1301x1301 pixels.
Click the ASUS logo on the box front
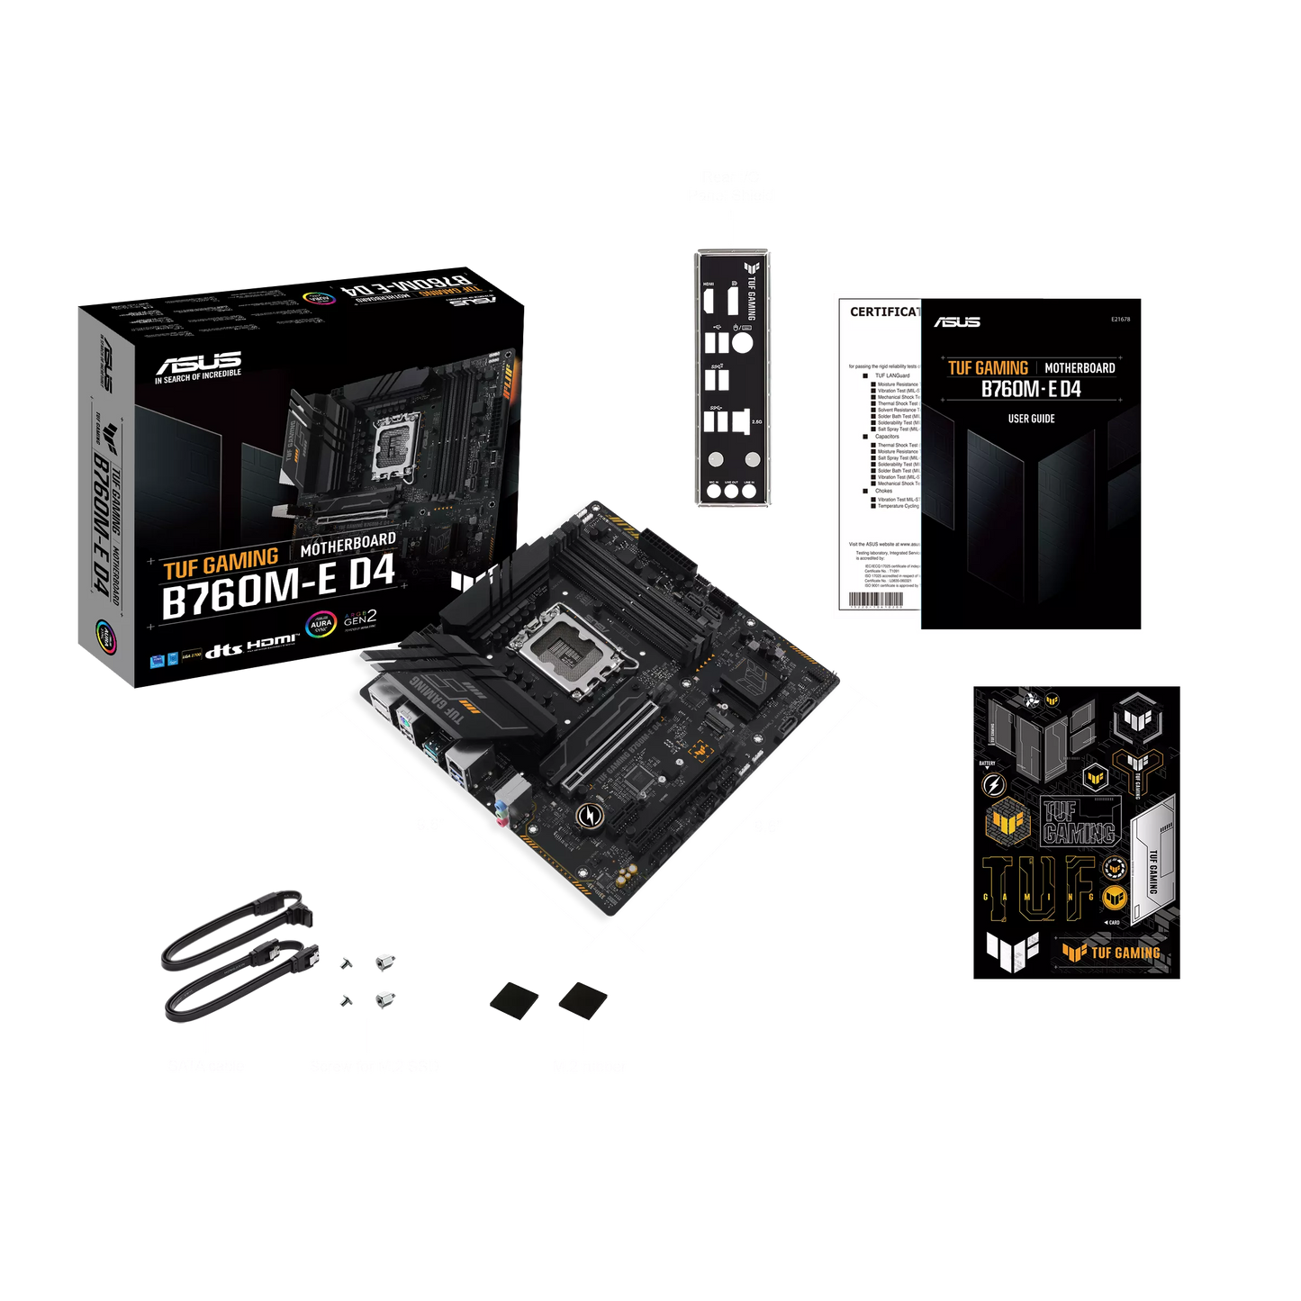[x=199, y=364]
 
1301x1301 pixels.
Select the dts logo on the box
[x=223, y=651]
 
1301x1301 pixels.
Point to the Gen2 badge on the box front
[x=360, y=619]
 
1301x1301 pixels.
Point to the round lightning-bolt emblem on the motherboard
[x=591, y=816]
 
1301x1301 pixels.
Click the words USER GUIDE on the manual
[x=1031, y=419]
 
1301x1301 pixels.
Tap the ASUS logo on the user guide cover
[x=957, y=322]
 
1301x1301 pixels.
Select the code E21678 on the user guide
[x=1120, y=319]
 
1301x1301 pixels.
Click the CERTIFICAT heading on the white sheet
[x=885, y=312]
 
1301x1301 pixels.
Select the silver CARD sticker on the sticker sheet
[x=1152, y=861]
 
